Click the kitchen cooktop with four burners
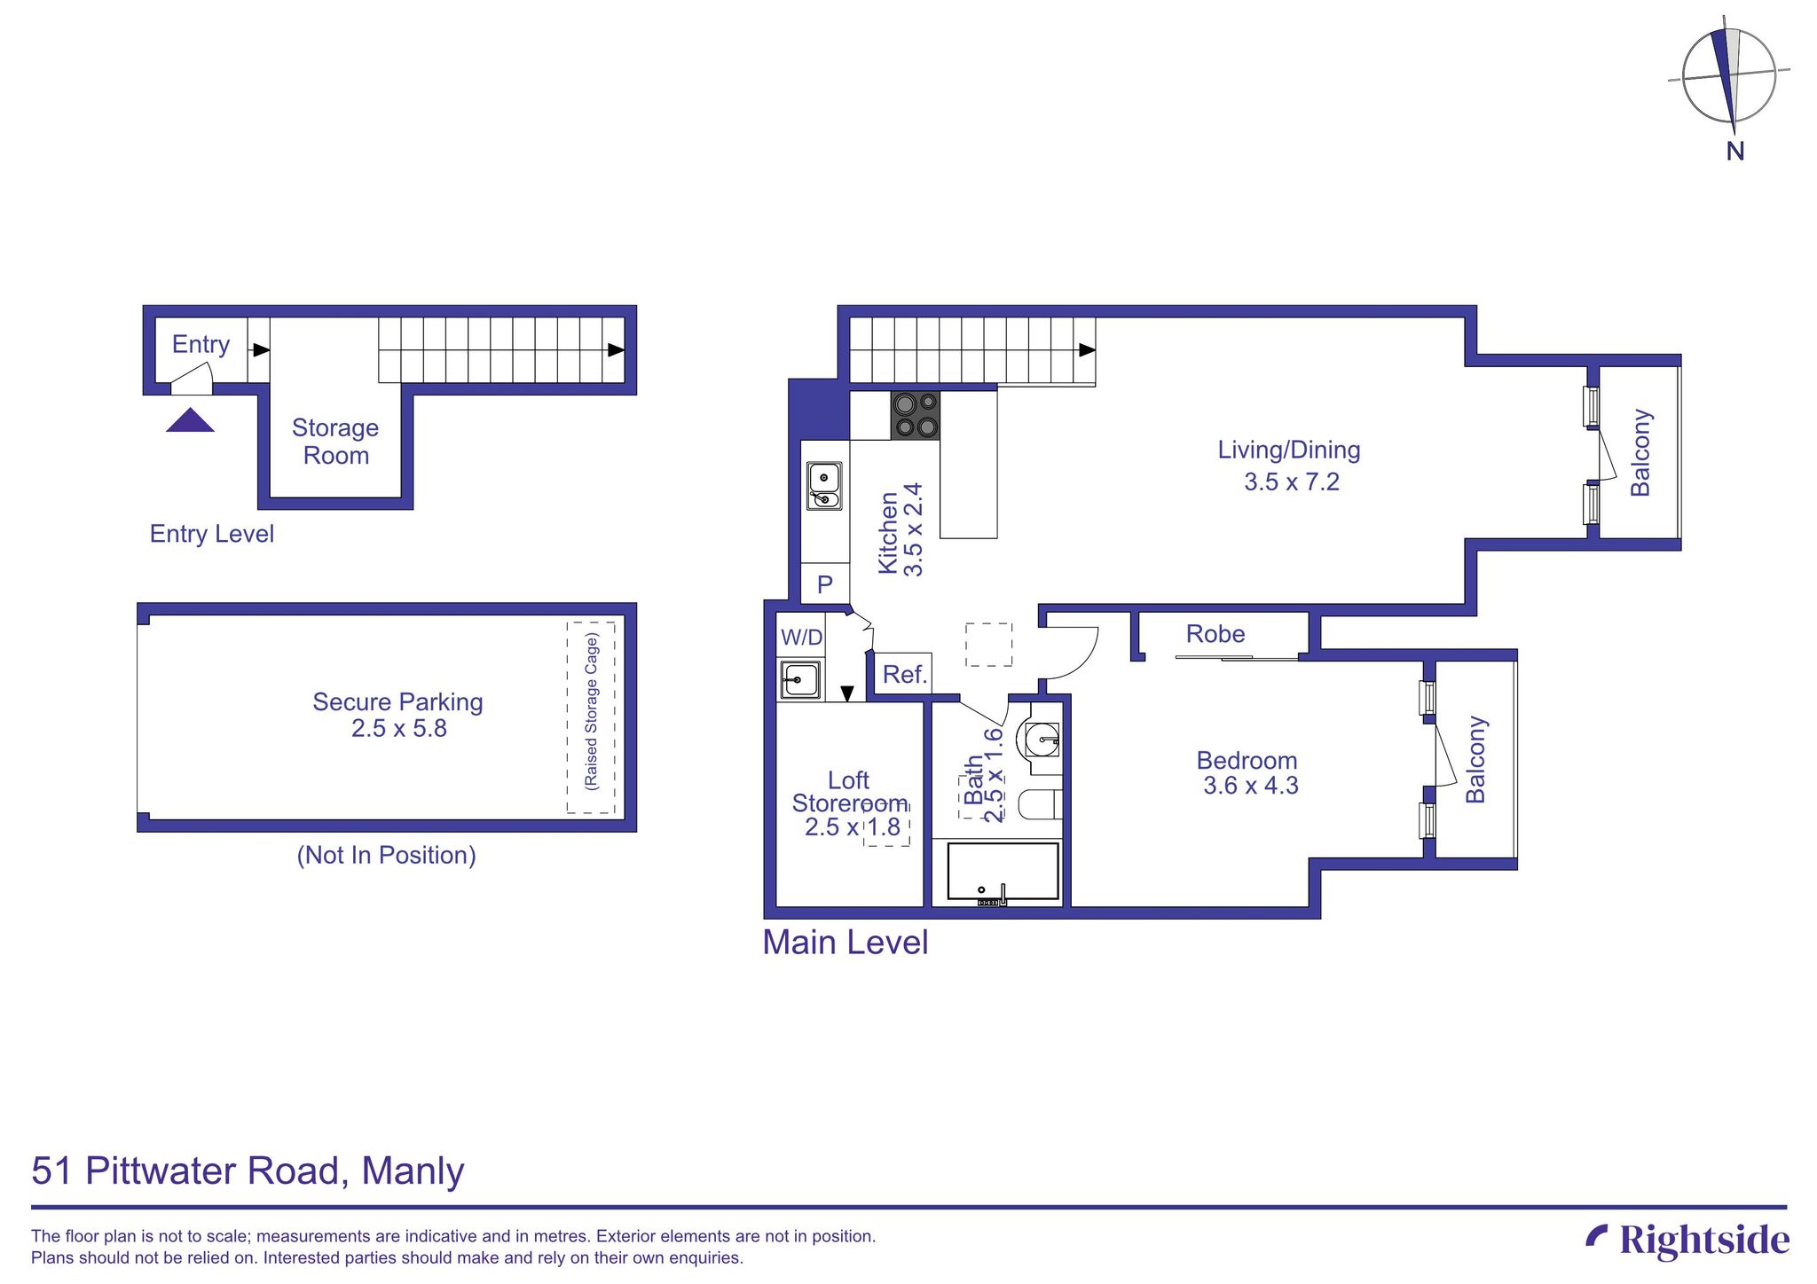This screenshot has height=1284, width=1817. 915,415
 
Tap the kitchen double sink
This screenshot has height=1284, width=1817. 824,487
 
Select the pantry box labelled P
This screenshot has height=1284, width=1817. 825,584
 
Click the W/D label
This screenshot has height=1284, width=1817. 801,637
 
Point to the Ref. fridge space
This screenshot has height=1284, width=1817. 904,674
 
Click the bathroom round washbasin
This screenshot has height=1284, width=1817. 1042,738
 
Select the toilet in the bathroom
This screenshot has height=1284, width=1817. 1039,805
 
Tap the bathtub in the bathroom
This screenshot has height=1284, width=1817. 1003,873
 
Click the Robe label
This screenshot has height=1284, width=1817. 1215,634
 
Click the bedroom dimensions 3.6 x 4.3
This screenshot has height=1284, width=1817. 1250,786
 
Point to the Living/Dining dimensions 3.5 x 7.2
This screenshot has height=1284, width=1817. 1291,482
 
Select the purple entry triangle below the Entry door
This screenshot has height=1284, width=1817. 190,420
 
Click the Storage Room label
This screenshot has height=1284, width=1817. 335,442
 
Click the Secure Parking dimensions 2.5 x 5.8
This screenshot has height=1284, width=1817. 398,729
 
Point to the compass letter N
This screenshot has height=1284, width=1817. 1734,152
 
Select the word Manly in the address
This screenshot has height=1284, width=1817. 413,1170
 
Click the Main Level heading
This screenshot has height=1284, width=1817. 845,943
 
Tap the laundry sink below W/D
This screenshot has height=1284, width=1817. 798,681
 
